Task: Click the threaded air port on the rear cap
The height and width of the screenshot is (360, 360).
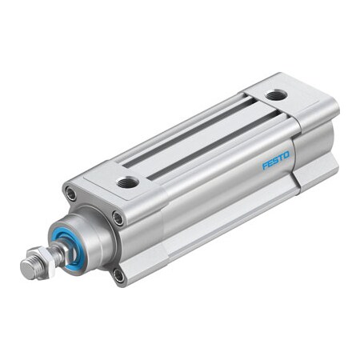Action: tap(276, 94)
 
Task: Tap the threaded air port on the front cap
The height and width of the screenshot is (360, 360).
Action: tap(127, 183)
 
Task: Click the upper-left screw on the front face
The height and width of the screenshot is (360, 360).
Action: tap(71, 194)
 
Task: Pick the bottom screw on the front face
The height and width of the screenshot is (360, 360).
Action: tap(118, 276)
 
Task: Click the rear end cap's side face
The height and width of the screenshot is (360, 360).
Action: tap(316, 140)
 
